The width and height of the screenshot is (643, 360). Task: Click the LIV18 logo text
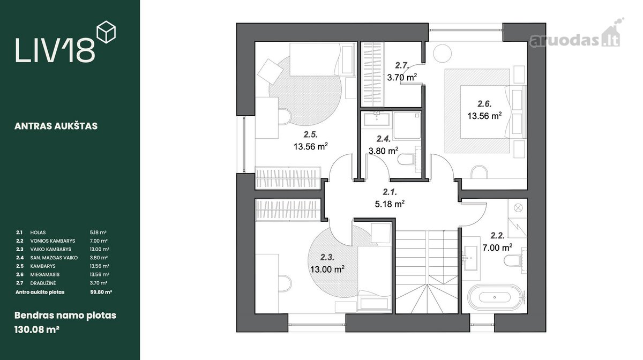pos(55,50)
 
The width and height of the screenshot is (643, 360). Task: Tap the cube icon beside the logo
pos(106,32)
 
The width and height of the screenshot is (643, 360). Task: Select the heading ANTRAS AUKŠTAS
pos(56,126)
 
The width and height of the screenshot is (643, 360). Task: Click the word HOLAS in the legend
pos(38,232)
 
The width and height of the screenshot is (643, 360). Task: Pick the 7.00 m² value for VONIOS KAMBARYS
pos(99,241)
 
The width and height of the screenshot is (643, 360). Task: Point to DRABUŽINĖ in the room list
pos(43,283)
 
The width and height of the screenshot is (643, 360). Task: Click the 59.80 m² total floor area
pos(101,292)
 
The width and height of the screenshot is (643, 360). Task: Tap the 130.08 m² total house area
pos(37,329)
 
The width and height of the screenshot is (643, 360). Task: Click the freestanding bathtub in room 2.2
pos(495,297)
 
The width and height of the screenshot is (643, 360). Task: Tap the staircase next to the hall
pos(427,272)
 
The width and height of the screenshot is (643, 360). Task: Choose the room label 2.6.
pos(484,103)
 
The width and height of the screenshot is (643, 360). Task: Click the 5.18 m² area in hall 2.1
pos(390,204)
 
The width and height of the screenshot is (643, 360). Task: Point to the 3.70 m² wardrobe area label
pos(402,77)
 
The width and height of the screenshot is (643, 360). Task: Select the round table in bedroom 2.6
pos(443,54)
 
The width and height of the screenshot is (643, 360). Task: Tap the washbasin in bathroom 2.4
pos(377,119)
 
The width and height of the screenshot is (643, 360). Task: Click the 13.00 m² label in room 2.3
pos(327,269)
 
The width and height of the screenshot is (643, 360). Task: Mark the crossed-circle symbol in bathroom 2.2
pos(518,207)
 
